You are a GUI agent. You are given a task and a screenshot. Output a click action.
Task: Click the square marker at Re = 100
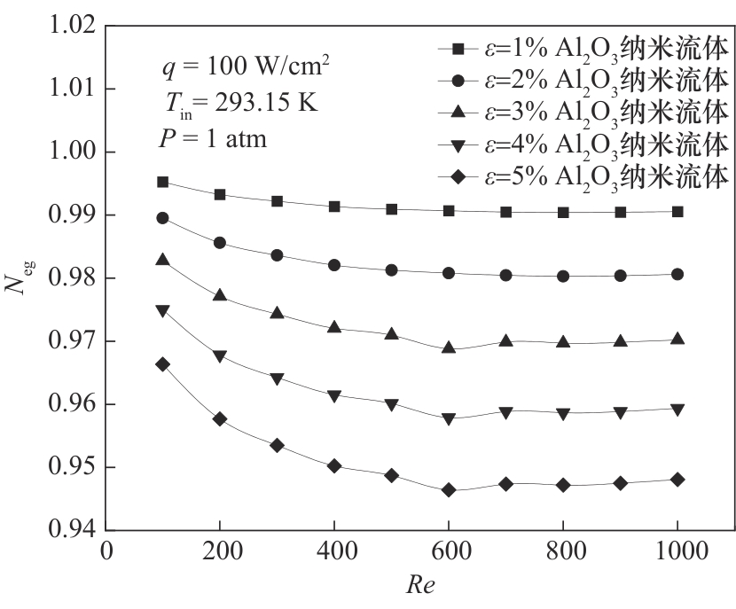pyautogui.click(x=162, y=182)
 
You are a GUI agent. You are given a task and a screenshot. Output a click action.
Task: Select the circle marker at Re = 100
pyautogui.click(x=162, y=218)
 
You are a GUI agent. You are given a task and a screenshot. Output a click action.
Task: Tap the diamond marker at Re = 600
pyautogui.click(x=449, y=490)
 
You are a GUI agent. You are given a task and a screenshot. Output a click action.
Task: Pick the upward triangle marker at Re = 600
pyautogui.click(x=449, y=347)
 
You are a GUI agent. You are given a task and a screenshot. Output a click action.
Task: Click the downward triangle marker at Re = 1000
pyautogui.click(x=677, y=410)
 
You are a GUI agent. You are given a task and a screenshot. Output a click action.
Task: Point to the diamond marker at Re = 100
pyautogui.click(x=162, y=364)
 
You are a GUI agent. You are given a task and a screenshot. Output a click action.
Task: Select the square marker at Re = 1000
pyautogui.click(x=677, y=211)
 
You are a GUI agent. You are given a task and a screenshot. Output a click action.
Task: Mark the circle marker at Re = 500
pyautogui.click(x=391, y=269)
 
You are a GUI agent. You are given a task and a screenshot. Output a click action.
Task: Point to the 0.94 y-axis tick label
pyautogui.click(x=70, y=530)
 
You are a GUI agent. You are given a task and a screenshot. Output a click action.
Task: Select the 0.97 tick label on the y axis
pyautogui.click(x=70, y=341)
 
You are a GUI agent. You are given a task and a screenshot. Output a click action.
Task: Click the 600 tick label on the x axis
pyautogui.click(x=449, y=551)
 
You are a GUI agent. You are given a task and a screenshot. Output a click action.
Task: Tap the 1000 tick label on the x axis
pyautogui.click(x=677, y=551)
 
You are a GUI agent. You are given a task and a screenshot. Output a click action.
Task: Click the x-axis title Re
pyautogui.click(x=420, y=586)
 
